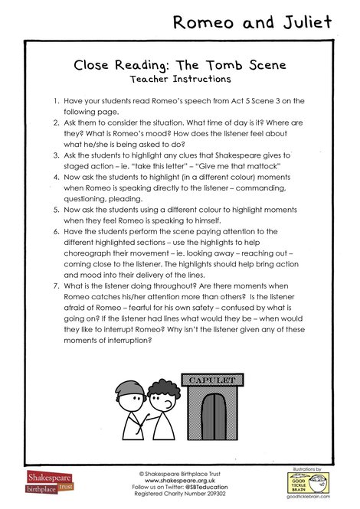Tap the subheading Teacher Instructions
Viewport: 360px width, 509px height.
(x=180, y=79)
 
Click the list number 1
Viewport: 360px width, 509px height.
(x=57, y=101)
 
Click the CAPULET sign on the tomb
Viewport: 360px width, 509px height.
(x=208, y=380)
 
